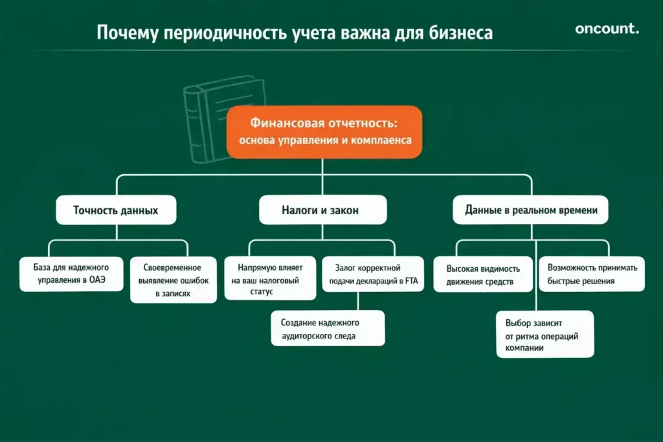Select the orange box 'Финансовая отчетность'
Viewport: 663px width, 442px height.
coord(324,131)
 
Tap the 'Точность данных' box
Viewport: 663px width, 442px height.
coord(116,210)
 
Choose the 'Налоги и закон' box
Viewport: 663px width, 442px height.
coord(323,210)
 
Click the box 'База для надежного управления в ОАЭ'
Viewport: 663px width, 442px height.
coord(71,274)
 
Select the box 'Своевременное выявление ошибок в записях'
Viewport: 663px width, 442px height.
coord(172,280)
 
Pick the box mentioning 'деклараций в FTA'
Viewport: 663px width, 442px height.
coord(373,274)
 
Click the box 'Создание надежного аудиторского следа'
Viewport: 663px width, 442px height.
coord(328,329)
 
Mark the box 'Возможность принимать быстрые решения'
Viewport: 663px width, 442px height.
coord(592,274)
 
